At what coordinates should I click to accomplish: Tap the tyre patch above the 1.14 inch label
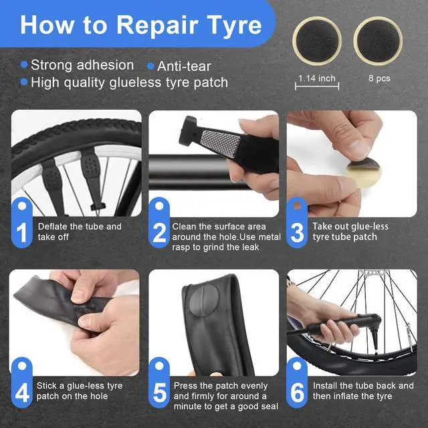point(317,41)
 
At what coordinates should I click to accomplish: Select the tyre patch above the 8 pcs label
point(378,41)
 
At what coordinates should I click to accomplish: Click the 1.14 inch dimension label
point(316,79)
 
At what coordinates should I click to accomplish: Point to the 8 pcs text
point(379,78)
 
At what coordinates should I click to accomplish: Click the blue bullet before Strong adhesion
point(24,65)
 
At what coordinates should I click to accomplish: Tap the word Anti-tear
point(184,66)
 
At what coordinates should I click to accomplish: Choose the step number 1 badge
point(22,223)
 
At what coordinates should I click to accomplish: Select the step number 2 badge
point(159,223)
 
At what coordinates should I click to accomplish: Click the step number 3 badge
point(297,223)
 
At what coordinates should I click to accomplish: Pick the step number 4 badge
point(22,383)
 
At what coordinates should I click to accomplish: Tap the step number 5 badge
point(159,383)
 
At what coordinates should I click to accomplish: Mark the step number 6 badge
point(297,383)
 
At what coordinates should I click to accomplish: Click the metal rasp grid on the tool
point(221,139)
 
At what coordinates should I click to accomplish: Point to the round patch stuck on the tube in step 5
point(204,300)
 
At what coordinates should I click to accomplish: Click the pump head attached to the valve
point(373,331)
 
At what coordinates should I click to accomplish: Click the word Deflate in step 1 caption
point(53,226)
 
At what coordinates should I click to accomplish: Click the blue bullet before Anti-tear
point(150,66)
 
